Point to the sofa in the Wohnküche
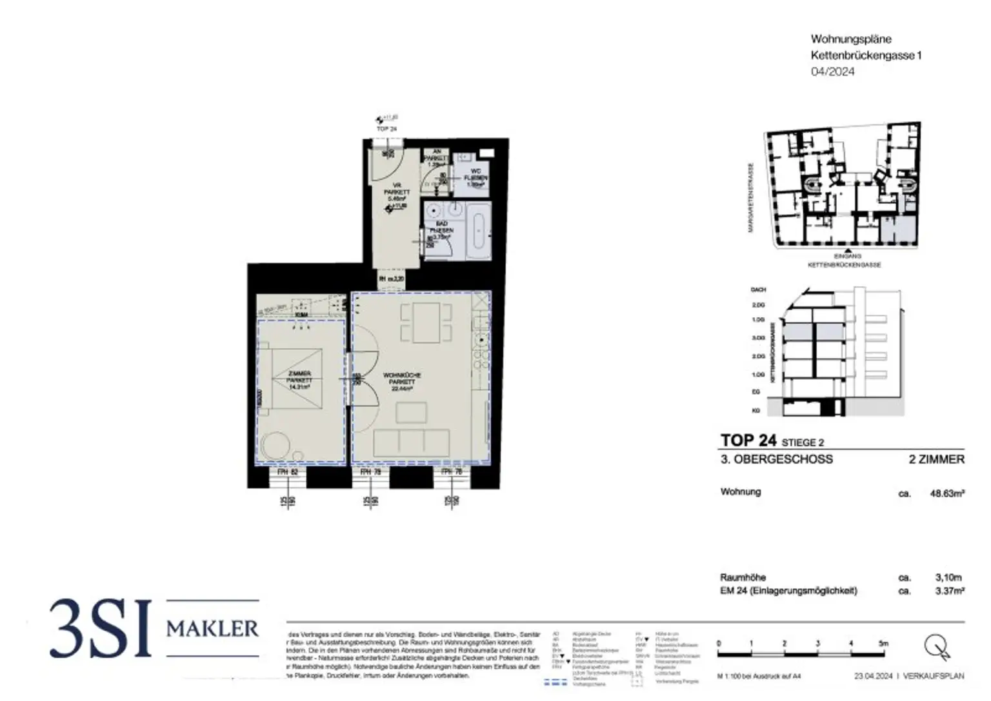(x=411, y=441)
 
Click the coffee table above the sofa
(x=411, y=412)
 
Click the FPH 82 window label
(x=287, y=472)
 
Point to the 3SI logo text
(x=100, y=628)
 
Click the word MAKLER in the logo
(x=212, y=628)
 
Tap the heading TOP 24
(x=748, y=440)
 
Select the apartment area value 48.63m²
(x=946, y=493)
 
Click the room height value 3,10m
(x=948, y=578)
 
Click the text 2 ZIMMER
(x=936, y=459)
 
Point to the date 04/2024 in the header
(x=832, y=72)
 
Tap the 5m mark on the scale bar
(x=883, y=643)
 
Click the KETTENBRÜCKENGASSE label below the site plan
(x=845, y=265)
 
